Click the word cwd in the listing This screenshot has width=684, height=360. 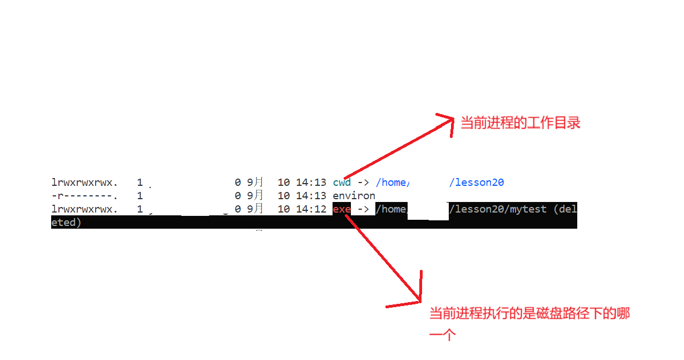341,182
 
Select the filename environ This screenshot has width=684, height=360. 354,196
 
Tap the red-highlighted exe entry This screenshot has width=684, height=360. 341,209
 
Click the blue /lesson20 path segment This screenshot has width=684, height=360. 477,182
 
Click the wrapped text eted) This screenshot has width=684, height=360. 66,223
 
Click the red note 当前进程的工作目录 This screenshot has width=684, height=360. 520,123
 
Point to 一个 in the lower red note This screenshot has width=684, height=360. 443,334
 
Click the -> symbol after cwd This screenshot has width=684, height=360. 363,182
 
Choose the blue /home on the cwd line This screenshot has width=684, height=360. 392,182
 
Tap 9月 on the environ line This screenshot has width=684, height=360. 255,196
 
